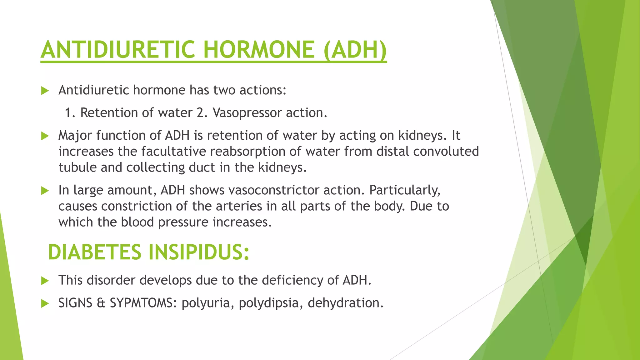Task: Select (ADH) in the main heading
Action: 355,50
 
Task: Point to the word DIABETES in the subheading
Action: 95,252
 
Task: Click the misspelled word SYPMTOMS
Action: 143,303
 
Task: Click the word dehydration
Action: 345,303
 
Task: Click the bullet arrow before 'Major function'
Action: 45,136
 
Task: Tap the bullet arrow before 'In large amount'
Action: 45,191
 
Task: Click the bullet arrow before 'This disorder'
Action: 45,281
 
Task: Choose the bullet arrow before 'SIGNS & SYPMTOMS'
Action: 45,303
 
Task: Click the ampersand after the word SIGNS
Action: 101,303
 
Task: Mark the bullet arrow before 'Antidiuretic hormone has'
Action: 45,91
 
